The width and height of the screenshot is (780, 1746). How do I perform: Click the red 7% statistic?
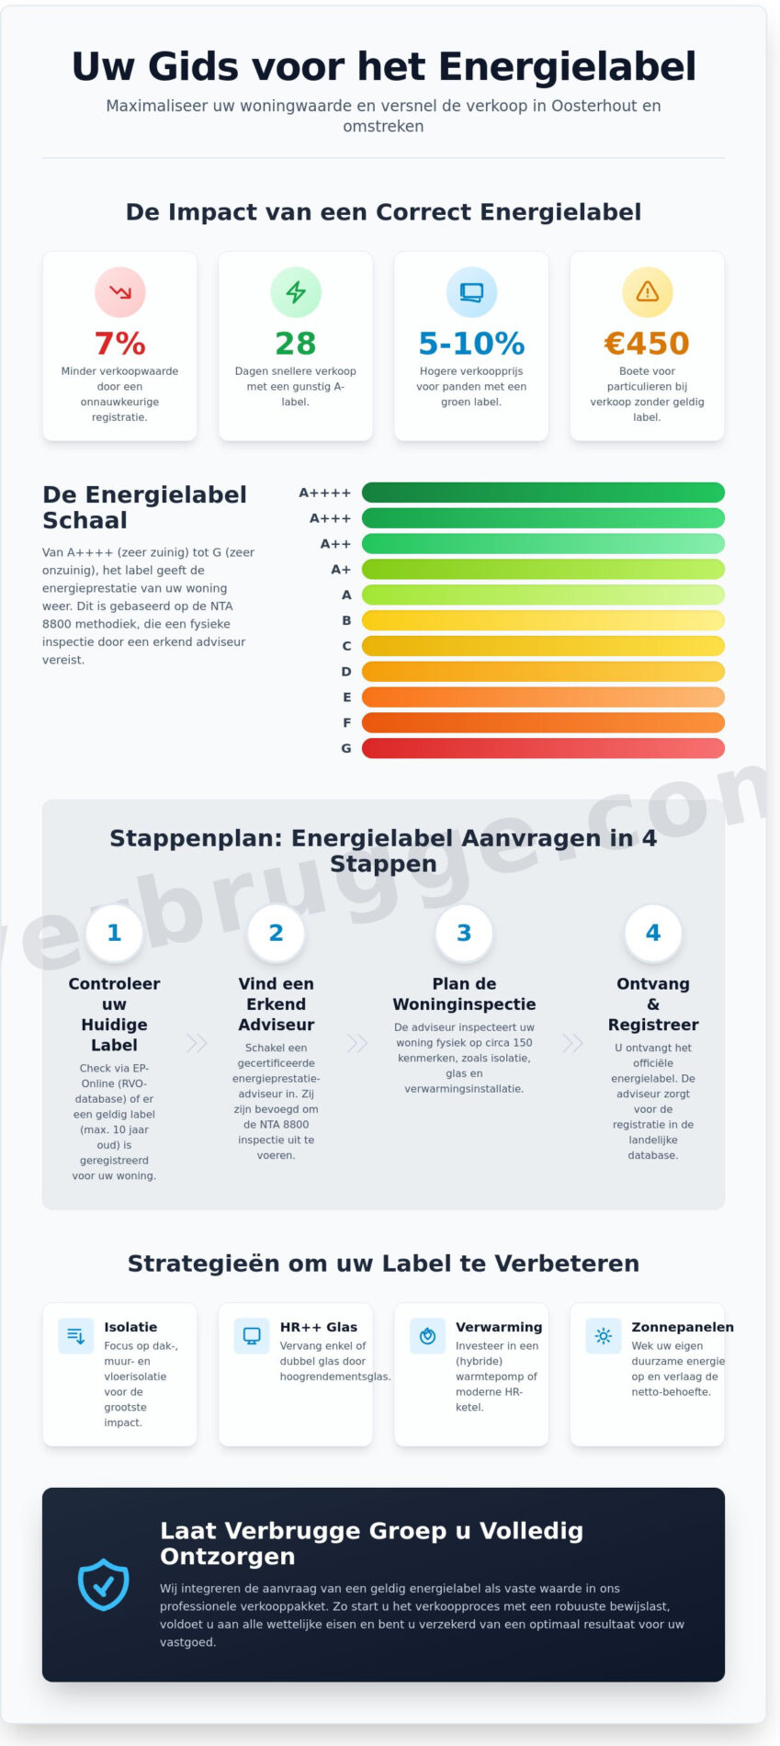(120, 344)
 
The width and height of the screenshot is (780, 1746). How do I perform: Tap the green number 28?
(295, 344)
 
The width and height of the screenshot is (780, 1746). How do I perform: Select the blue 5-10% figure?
(471, 344)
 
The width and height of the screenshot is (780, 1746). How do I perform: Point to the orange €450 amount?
(647, 344)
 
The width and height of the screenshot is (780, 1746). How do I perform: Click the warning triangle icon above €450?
(648, 292)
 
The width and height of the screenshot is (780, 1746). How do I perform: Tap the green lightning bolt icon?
(296, 292)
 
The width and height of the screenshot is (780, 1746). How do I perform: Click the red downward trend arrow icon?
(120, 292)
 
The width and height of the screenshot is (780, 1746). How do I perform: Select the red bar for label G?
(543, 748)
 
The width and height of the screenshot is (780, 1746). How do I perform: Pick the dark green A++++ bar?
(543, 493)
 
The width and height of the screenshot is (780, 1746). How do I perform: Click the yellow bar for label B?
(543, 620)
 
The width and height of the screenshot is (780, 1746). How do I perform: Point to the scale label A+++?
(330, 518)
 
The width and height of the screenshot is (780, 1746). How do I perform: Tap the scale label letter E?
(346, 697)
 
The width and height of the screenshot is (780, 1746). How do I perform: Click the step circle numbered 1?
(115, 933)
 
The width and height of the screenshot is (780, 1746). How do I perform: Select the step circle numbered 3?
(464, 933)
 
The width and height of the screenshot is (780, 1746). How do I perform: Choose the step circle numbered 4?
(653, 933)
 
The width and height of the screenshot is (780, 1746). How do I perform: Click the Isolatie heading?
(130, 1327)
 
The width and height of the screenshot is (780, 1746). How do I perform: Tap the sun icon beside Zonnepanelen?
(604, 1336)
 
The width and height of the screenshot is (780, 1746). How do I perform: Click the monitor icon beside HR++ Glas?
(252, 1336)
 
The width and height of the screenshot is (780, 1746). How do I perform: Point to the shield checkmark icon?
(104, 1584)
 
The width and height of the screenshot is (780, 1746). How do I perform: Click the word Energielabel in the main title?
(567, 67)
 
